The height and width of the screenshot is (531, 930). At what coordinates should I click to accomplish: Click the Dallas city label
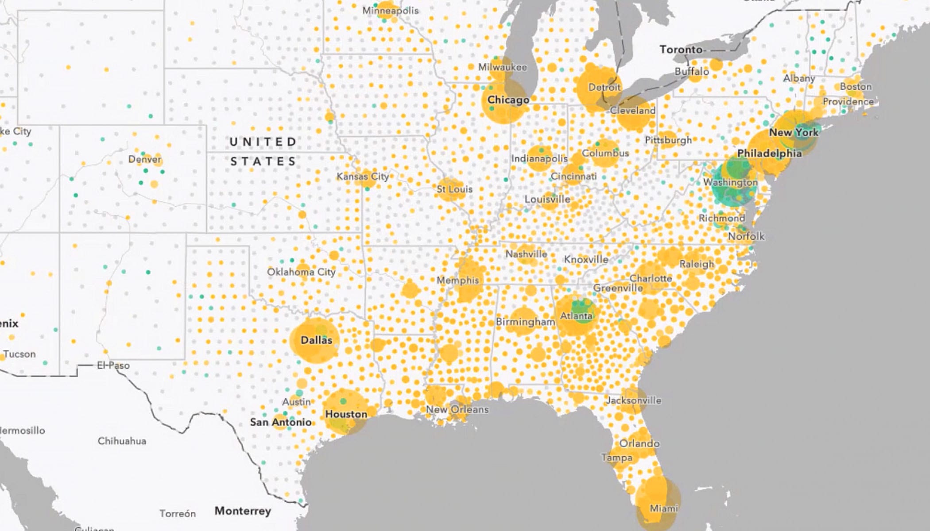[316, 340]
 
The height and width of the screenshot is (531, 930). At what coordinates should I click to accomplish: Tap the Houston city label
[346, 414]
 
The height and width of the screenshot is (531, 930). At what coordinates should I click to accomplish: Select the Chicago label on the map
[508, 100]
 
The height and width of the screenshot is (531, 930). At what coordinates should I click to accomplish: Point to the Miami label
[663, 508]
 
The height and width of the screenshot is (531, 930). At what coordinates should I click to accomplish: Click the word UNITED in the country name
[263, 142]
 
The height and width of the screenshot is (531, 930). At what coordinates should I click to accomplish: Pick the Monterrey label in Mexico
[243, 511]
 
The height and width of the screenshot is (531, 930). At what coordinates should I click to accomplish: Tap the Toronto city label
[681, 50]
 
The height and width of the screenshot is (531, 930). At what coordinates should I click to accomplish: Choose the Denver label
[145, 159]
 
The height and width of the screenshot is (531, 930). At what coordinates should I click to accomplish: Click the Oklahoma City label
[301, 272]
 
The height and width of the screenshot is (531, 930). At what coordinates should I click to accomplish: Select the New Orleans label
[457, 409]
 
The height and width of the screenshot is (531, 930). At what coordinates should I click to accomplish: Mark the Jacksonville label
[633, 400]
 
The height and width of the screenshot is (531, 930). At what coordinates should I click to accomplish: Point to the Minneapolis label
[390, 10]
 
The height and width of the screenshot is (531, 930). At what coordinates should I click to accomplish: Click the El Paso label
[113, 366]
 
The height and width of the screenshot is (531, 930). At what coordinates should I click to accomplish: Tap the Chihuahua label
[122, 441]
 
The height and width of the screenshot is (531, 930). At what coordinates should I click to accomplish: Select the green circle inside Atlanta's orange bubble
[583, 310]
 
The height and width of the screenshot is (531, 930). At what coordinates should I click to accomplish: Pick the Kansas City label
[363, 177]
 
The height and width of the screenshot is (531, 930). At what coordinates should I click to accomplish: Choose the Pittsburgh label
[668, 140]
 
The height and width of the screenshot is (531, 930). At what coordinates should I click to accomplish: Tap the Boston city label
[856, 87]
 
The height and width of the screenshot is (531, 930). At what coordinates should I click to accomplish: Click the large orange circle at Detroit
[598, 87]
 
